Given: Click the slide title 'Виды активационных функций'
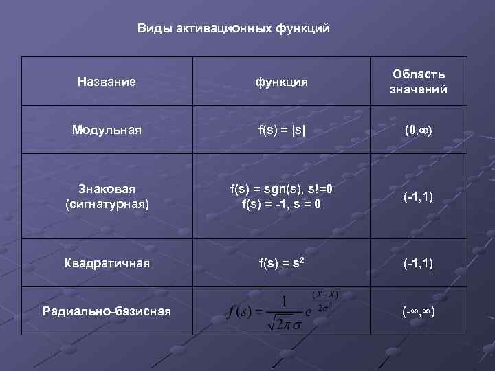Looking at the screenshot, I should [x=234, y=28].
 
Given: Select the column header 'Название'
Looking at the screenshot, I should [x=107, y=82].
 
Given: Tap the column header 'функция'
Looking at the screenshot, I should [x=281, y=82].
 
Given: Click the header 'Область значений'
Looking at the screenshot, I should [x=419, y=82].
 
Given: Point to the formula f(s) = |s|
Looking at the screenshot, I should [x=281, y=129].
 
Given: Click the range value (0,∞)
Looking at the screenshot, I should [x=419, y=129].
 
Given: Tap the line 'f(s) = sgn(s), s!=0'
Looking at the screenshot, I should [x=282, y=189].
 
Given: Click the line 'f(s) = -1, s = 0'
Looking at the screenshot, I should [x=282, y=204].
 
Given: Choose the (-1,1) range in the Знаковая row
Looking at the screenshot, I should [x=419, y=197].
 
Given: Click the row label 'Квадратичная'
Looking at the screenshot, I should [x=107, y=262].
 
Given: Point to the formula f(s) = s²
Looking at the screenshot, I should [x=281, y=262].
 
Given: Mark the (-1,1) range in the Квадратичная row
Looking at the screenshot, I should [x=419, y=262].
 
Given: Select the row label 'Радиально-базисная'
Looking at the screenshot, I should [x=107, y=311].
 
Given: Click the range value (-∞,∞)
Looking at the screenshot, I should [x=419, y=311].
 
